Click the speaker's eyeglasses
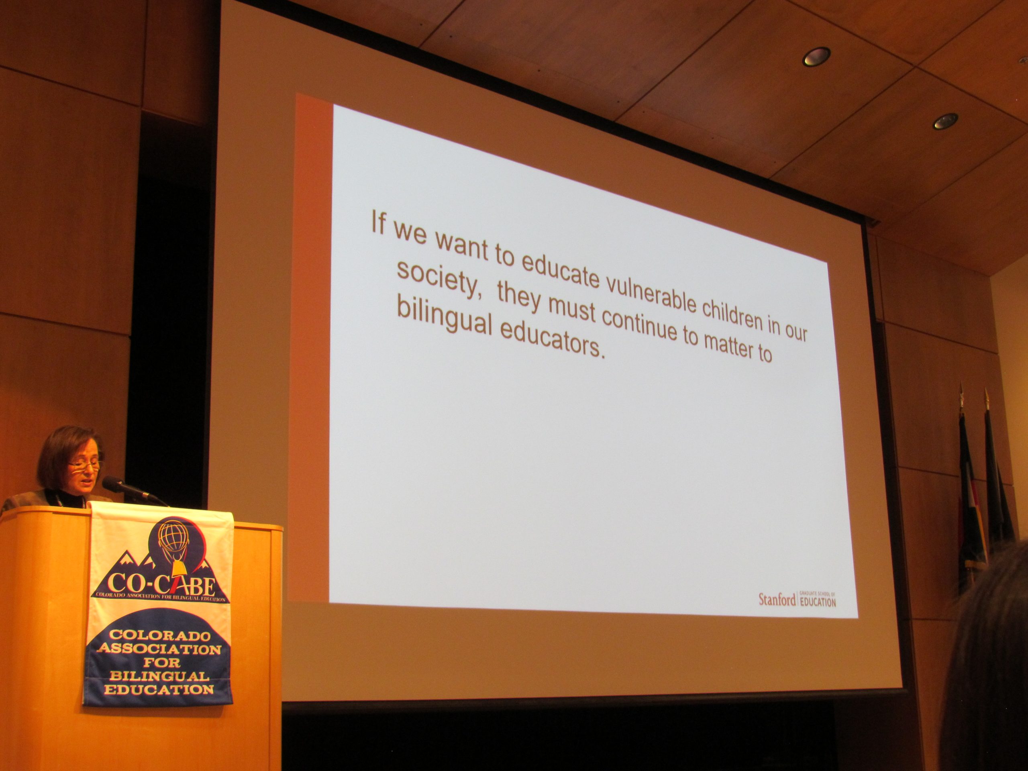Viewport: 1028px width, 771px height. tap(84, 464)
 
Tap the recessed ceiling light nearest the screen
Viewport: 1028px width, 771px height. tap(816, 56)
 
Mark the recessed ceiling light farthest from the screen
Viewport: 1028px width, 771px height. tap(945, 121)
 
